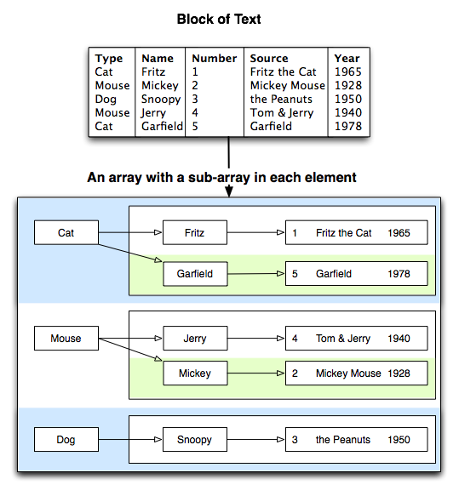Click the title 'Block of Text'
coord(219,19)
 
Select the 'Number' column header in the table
coord(215,58)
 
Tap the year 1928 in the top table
coord(348,85)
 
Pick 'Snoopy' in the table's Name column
coord(161,100)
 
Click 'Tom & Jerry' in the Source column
coord(282,113)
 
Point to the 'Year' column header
coord(347,58)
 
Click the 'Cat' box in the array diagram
coord(66,232)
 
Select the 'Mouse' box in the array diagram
coord(66,338)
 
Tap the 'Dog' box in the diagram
coord(66,439)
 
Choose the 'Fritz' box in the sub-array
coord(195,232)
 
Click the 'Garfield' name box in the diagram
coord(195,274)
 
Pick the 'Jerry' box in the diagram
coord(195,338)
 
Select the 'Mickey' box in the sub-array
coord(195,373)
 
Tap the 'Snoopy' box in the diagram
coord(195,439)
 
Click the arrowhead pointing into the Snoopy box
coord(158,439)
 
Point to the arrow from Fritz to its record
coord(255,232)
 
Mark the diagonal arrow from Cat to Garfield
coord(130,253)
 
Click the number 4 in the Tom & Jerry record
coord(295,339)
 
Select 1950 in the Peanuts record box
coord(399,440)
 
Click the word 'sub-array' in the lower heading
coord(219,178)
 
